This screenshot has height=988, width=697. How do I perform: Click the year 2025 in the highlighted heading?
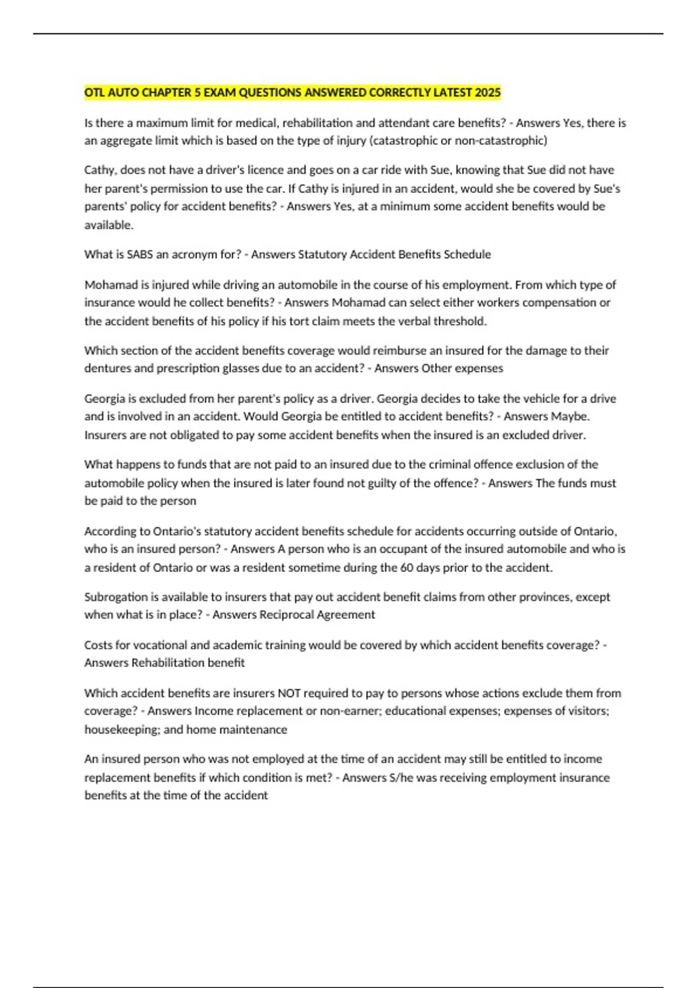(x=487, y=92)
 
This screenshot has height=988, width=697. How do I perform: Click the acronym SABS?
(x=139, y=254)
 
